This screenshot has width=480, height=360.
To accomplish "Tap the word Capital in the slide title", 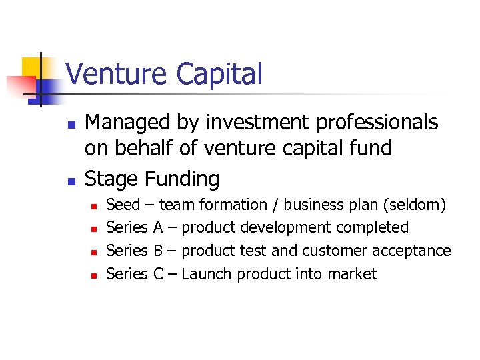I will click(x=219, y=74).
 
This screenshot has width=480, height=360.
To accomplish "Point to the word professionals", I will click(x=372, y=123).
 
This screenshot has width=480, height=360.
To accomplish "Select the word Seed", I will click(x=123, y=205).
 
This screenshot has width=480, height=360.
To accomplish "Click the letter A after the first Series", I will click(x=158, y=227).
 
